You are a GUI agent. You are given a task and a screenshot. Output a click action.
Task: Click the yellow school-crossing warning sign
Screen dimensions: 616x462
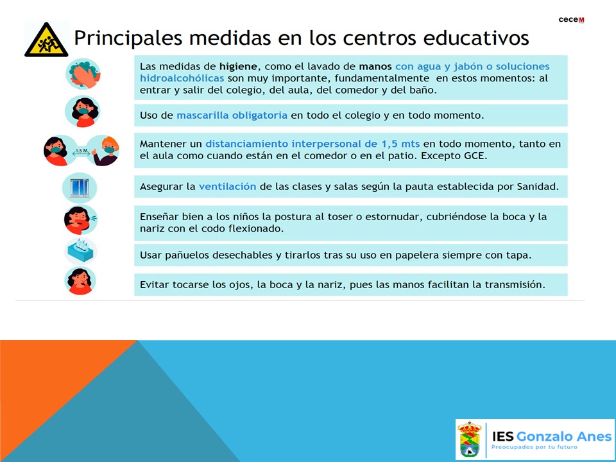click(46, 40)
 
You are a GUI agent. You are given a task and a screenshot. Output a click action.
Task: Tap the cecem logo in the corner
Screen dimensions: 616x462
click(571, 20)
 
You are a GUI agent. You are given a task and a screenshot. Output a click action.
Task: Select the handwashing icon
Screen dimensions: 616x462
click(83, 74)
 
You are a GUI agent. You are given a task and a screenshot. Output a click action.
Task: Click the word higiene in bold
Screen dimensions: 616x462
click(238, 66)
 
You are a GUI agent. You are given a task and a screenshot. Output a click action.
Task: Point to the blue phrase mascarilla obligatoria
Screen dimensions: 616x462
click(232, 115)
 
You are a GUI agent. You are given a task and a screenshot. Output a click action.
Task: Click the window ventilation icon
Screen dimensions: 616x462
click(80, 188)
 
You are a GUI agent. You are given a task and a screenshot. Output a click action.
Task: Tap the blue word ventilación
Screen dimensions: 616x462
click(227, 186)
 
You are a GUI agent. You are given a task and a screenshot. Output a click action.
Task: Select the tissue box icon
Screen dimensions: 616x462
click(81, 251)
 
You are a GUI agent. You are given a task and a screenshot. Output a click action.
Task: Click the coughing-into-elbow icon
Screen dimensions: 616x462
click(81, 219)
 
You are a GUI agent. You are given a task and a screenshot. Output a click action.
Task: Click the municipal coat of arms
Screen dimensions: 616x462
click(470, 439)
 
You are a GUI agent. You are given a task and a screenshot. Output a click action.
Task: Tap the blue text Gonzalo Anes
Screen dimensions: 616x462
click(564, 436)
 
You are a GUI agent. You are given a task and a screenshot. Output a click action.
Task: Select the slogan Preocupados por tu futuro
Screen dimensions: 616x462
click(535, 447)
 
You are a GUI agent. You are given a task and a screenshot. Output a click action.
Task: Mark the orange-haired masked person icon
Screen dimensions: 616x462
click(103, 150)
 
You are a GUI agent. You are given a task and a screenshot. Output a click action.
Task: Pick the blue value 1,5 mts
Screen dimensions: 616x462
click(400, 144)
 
